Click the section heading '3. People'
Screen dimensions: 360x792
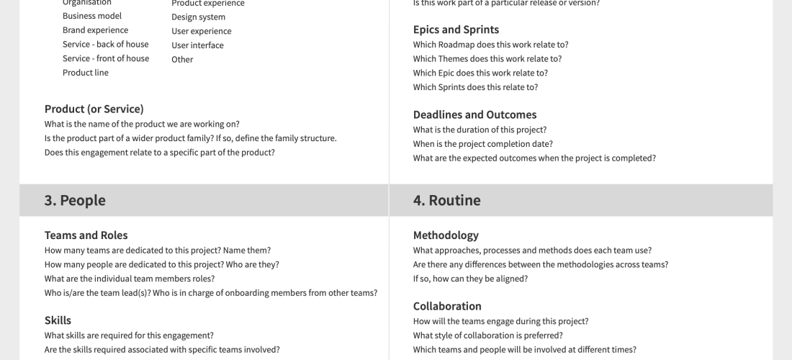pyautogui.click(x=75, y=200)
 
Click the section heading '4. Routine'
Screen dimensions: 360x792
pyautogui.click(x=446, y=200)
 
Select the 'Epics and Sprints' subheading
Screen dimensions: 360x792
pyautogui.click(x=456, y=30)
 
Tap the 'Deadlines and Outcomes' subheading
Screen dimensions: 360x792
pyautogui.click(x=474, y=114)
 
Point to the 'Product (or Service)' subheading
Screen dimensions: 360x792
pyautogui.click(x=94, y=109)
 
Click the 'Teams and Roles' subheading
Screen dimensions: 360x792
pyautogui.click(x=86, y=235)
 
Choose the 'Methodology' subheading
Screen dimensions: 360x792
pyautogui.click(x=446, y=235)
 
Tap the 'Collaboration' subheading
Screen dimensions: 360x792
pyautogui.click(x=447, y=306)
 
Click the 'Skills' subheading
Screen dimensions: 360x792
pyautogui.click(x=58, y=320)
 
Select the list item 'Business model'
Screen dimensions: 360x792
pyautogui.click(x=92, y=16)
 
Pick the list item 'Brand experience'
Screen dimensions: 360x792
pyautogui.click(x=95, y=30)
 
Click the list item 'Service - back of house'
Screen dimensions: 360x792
pyautogui.click(x=105, y=44)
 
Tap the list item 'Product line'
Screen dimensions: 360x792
pyautogui.click(x=86, y=73)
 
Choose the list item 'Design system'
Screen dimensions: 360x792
pyautogui.click(x=198, y=17)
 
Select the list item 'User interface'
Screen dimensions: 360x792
pyautogui.click(x=197, y=45)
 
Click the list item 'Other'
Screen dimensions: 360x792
pyautogui.click(x=182, y=60)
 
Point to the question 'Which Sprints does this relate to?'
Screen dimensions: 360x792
pyautogui.click(x=475, y=87)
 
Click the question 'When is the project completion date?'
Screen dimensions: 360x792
pyautogui.click(x=483, y=144)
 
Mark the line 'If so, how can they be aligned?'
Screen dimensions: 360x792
pyautogui.click(x=470, y=279)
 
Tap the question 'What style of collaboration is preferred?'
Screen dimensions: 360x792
pyautogui.click(x=488, y=336)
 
